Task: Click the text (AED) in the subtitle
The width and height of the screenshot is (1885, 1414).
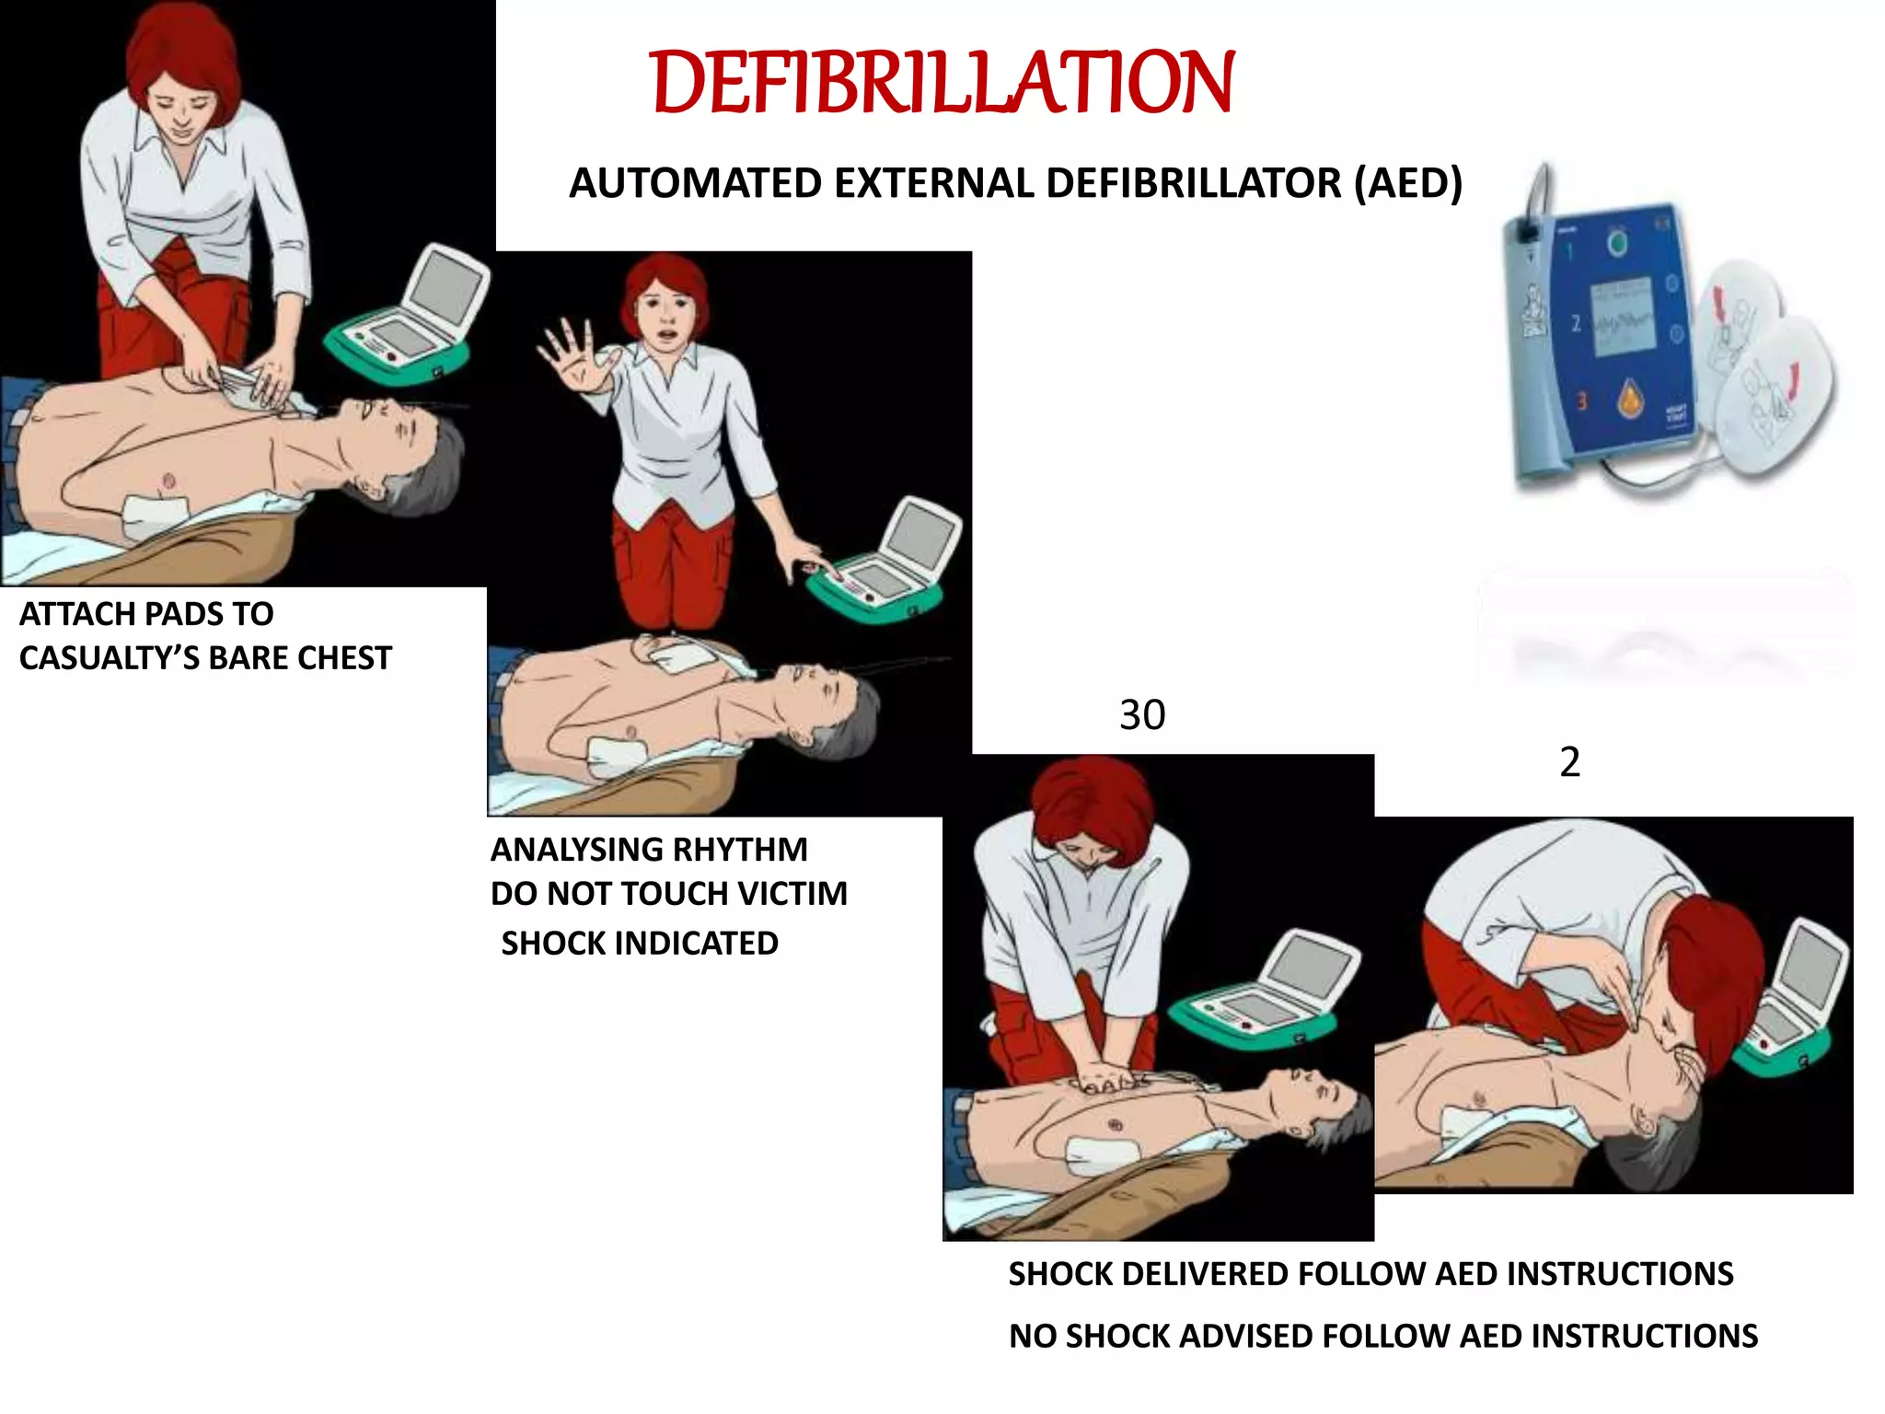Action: pyautogui.click(x=1407, y=183)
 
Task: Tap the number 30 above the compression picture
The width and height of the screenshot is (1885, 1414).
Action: pyautogui.click(x=1141, y=715)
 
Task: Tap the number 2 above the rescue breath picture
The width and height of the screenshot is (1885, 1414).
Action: pyautogui.click(x=1569, y=762)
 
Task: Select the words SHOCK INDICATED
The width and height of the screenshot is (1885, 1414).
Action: pyautogui.click(x=640, y=944)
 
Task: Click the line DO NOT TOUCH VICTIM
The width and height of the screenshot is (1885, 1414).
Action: pyautogui.click(x=668, y=894)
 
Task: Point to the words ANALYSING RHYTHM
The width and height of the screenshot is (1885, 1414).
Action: pyautogui.click(x=649, y=849)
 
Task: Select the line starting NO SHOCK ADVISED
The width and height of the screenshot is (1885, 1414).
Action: pyautogui.click(x=1382, y=1336)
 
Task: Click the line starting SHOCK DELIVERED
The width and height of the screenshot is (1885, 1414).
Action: pyautogui.click(x=1370, y=1274)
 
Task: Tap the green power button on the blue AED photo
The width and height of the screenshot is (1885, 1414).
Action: pyautogui.click(x=1617, y=243)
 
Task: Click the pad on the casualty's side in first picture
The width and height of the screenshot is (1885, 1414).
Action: pyautogui.click(x=155, y=514)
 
